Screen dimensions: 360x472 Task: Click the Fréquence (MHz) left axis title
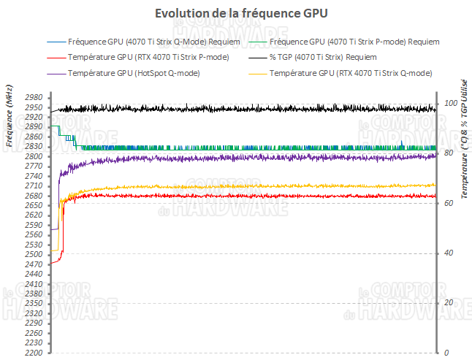click(x=9, y=123)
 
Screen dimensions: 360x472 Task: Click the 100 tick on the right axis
click(x=450, y=103)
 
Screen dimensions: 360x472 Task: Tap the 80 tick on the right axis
click(x=448, y=153)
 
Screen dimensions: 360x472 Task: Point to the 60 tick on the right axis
click(x=448, y=203)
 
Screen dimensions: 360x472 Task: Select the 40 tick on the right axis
click(x=448, y=253)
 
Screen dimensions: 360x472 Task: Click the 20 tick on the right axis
click(x=448, y=302)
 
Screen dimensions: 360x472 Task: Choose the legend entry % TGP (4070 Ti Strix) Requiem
click(x=323, y=57)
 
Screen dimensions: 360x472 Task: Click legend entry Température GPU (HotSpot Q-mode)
click(x=134, y=73)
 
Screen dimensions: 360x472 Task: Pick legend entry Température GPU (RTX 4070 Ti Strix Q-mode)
click(x=350, y=73)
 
